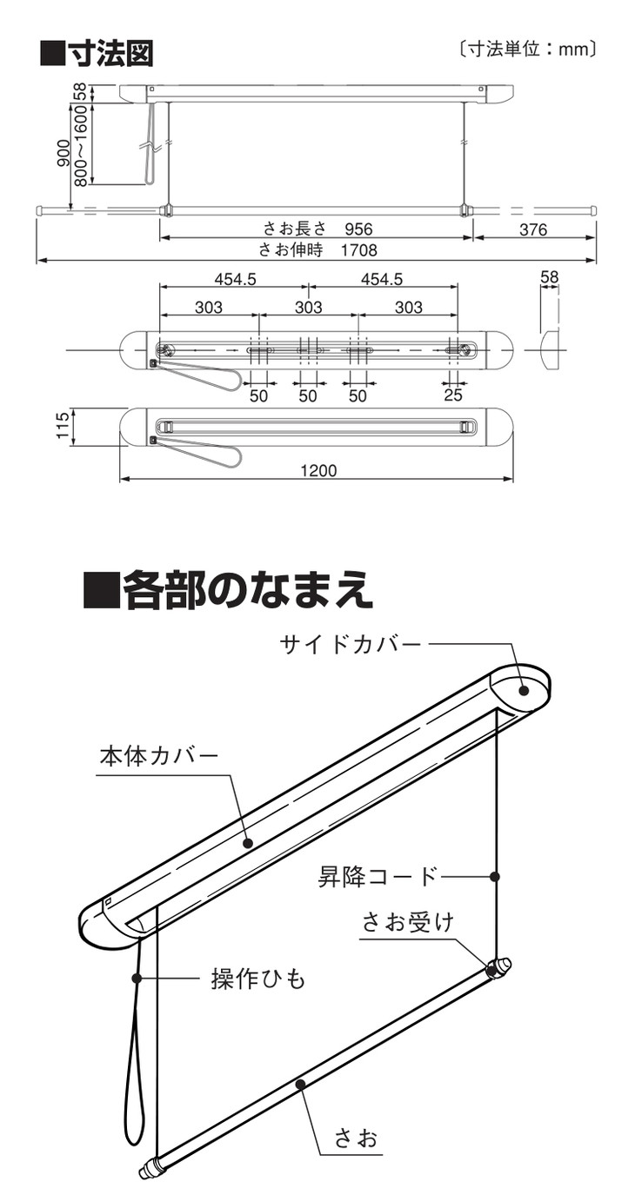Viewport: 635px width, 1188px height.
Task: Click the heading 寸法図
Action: coord(97,52)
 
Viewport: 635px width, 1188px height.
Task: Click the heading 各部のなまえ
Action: coord(228,590)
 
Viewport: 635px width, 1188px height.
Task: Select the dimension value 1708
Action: coord(358,250)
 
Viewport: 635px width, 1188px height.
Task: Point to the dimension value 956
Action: coord(358,229)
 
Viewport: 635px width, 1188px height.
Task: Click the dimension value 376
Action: coord(533,229)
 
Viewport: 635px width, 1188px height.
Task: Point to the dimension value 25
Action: coord(453,395)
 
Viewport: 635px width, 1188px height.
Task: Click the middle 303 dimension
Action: coord(308,307)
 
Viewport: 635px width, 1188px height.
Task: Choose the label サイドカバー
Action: coord(350,644)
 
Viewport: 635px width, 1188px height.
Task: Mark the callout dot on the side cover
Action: coord(525,691)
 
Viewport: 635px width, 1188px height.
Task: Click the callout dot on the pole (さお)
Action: coord(299,1083)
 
